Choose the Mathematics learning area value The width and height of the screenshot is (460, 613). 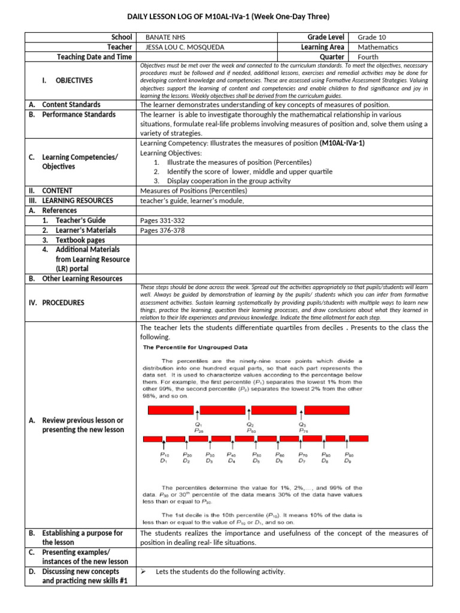(x=378, y=47)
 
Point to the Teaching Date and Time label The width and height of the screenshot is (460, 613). (x=94, y=57)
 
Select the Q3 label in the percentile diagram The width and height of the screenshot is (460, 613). (x=302, y=426)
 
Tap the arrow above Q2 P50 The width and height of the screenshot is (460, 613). (x=249, y=411)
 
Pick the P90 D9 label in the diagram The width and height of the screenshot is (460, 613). (x=348, y=458)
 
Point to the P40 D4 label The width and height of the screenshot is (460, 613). (x=232, y=458)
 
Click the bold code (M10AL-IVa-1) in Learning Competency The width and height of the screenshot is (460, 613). (x=342, y=144)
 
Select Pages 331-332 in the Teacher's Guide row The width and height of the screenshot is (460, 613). (x=158, y=220)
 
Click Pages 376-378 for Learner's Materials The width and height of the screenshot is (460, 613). (x=158, y=230)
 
